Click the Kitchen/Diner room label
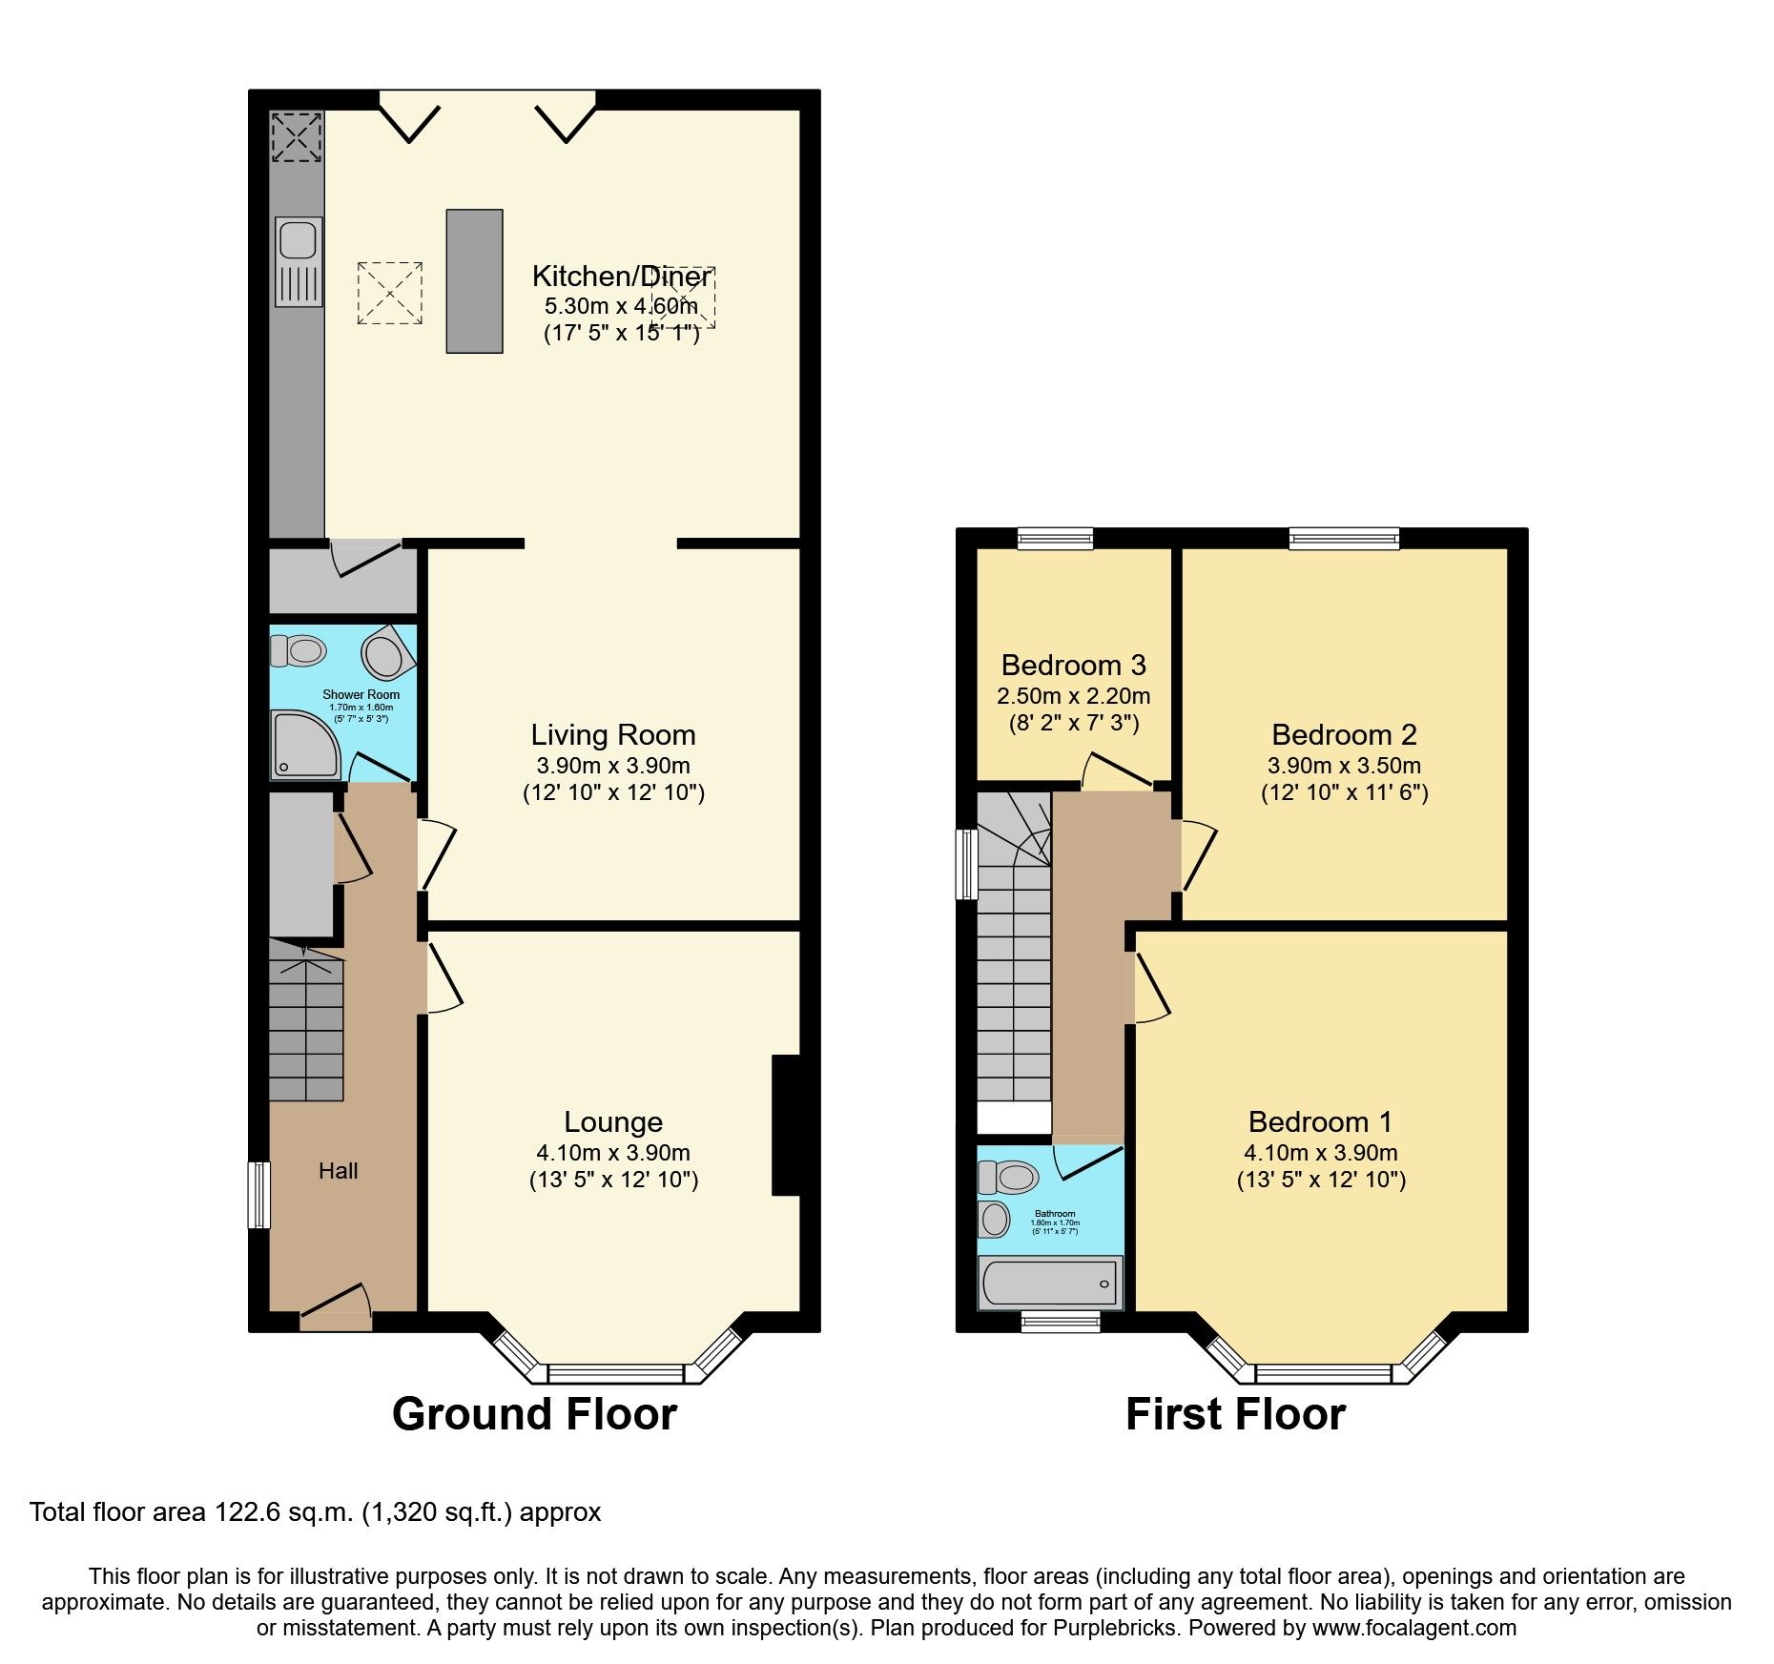point(621,277)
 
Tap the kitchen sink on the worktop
point(297,239)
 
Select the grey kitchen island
point(474,281)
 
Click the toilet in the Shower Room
point(299,651)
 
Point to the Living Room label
point(613,735)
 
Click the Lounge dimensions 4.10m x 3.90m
point(613,1153)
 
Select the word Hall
point(338,1171)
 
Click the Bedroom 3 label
point(1073,665)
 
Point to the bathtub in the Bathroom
point(1050,1283)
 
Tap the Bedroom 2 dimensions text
point(1344,766)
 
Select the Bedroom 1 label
point(1320,1122)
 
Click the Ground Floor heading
point(534,1414)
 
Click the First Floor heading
point(1235,1414)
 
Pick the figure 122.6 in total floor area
point(244,1512)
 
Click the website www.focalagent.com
point(1413,1629)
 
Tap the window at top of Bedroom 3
point(1055,540)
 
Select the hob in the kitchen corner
point(296,136)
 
